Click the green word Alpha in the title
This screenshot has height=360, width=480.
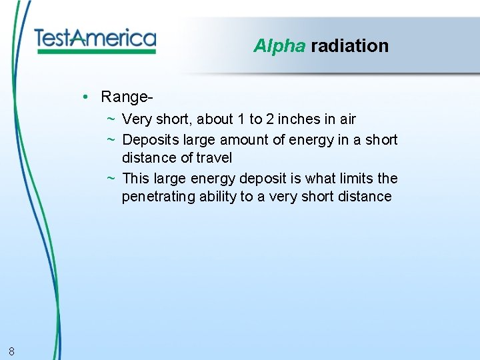tap(279, 46)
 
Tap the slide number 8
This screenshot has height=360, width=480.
tap(12, 351)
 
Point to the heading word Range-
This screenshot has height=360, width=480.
tap(127, 97)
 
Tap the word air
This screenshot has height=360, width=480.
tap(347, 119)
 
